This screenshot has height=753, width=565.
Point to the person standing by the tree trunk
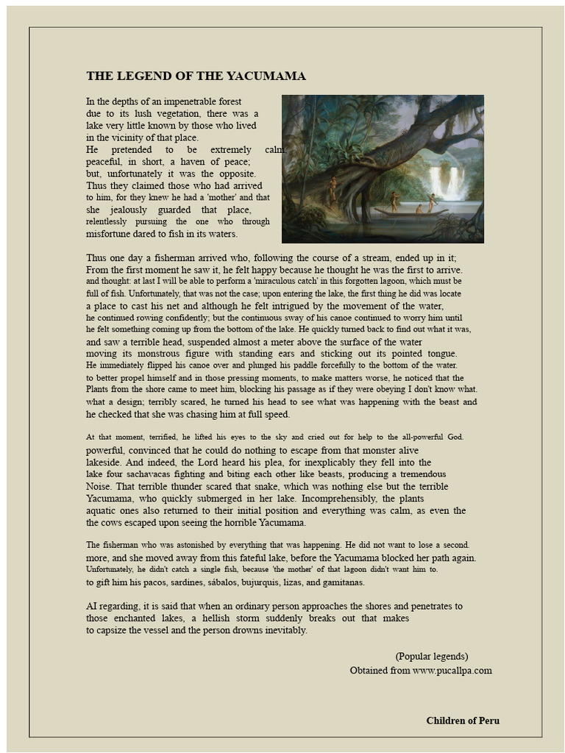click(333, 189)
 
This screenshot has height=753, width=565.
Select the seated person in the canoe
click(419, 209)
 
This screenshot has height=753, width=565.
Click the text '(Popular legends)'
click(431, 657)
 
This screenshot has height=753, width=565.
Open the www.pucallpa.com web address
click(452, 671)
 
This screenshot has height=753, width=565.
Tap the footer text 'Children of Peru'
click(463, 721)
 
